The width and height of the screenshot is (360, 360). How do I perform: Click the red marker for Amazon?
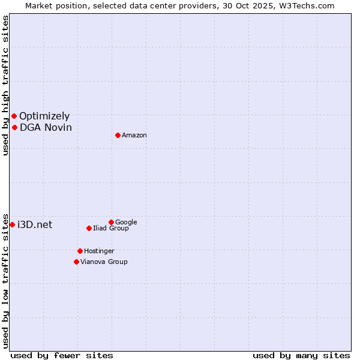click(x=118, y=135)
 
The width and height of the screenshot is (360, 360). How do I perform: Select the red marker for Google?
click(x=111, y=222)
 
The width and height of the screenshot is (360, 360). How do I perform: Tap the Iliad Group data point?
click(x=89, y=228)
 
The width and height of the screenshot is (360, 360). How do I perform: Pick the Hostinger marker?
click(x=80, y=251)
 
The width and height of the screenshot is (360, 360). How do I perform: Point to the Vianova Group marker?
click(x=76, y=262)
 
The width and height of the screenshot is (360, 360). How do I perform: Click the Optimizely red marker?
click(x=14, y=116)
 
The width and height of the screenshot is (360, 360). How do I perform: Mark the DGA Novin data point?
click(x=14, y=127)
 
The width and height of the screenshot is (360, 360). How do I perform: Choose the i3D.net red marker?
click(x=12, y=224)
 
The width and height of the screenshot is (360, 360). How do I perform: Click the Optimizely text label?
click(x=44, y=116)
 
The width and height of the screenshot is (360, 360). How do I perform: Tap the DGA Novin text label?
click(x=46, y=127)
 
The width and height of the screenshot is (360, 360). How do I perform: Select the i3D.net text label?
click(x=35, y=224)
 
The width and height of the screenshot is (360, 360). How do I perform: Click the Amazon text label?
click(x=134, y=136)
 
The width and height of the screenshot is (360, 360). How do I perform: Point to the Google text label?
click(x=126, y=222)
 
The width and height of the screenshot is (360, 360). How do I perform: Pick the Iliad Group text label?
click(x=111, y=228)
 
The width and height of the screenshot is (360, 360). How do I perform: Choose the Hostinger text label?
click(x=99, y=251)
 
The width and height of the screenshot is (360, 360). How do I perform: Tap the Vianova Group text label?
click(x=104, y=262)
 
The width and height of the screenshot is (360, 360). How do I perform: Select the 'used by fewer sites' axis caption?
click(x=62, y=355)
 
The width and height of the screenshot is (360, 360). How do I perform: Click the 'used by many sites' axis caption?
click(x=301, y=355)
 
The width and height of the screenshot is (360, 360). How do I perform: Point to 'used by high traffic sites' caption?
click(x=5, y=85)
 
